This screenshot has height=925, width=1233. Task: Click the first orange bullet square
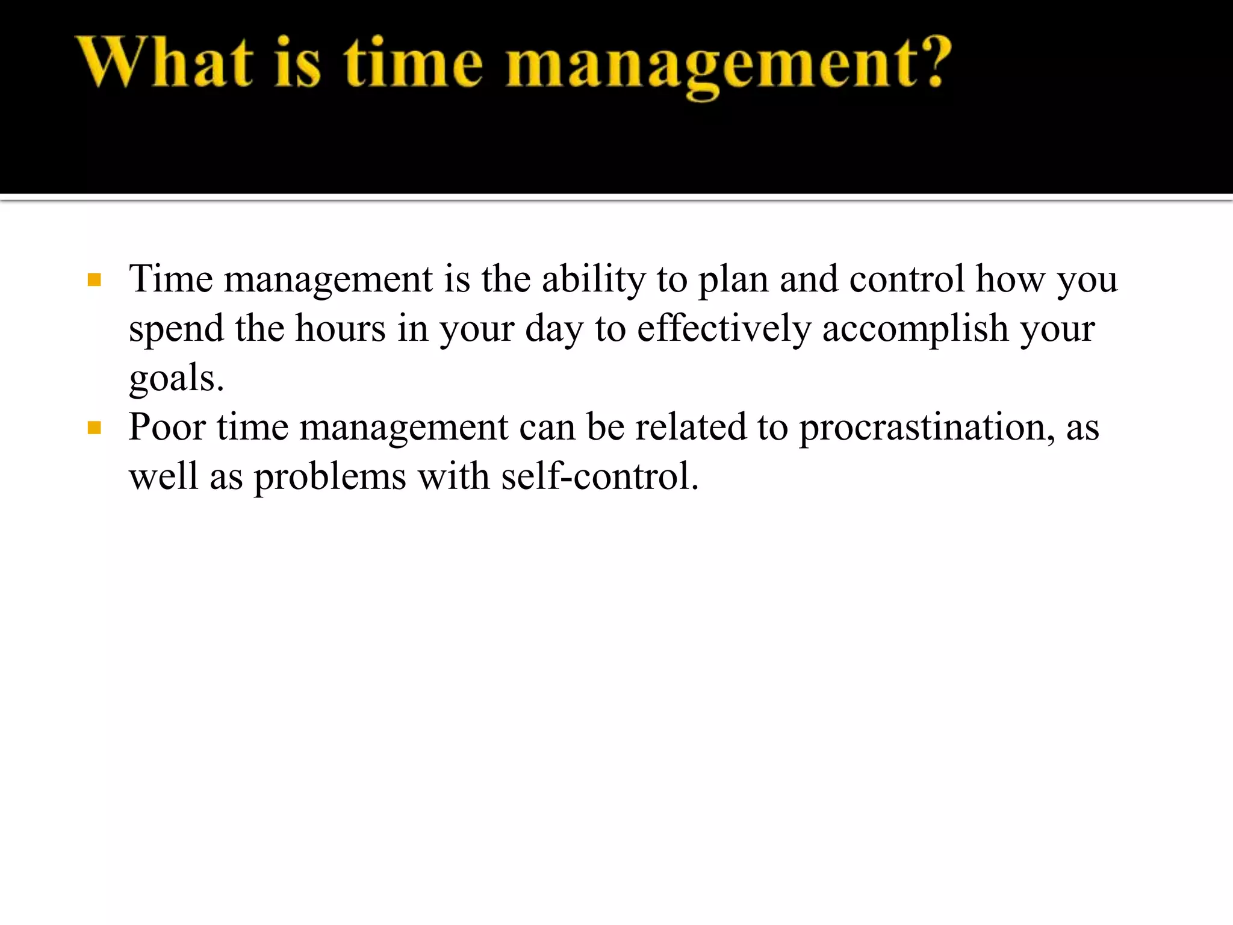tap(94, 280)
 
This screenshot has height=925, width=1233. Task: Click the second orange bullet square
tap(94, 428)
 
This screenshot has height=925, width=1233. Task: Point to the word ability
tap(593, 280)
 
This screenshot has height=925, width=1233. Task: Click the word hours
tap(340, 329)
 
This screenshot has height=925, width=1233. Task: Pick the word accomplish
tap(915, 329)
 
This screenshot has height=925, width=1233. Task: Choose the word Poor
tap(167, 427)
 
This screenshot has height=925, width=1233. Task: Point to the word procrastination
tap(927, 428)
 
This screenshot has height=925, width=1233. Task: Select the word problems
tap(330, 478)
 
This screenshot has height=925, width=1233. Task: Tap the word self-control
tap(599, 476)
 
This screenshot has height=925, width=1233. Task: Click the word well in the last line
tap(163, 476)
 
